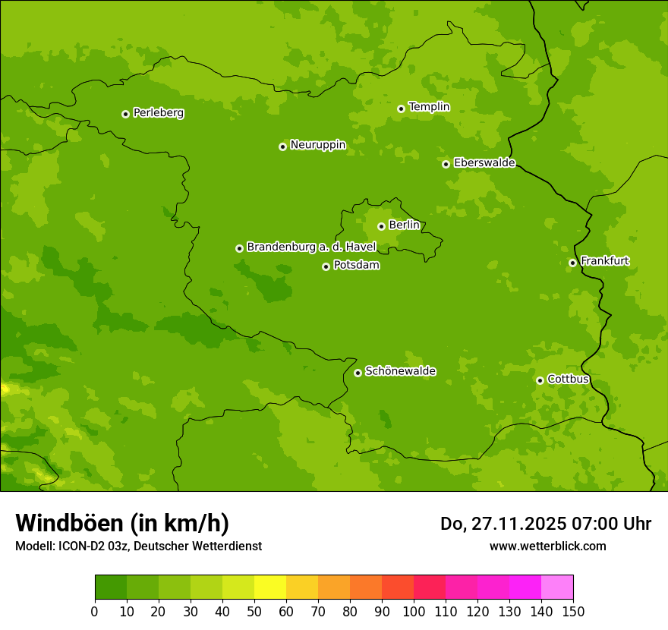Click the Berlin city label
point(404,225)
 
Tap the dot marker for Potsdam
point(326,266)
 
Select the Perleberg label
point(158,113)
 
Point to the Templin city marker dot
point(401,109)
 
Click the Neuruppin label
point(317,145)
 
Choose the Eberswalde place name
point(484,163)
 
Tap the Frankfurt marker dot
point(572,263)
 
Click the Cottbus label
point(568,379)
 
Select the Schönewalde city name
point(400,371)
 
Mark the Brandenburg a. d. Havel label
point(311,247)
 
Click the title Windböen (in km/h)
point(122,523)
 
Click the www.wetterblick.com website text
point(547,547)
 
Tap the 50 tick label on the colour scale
point(254,611)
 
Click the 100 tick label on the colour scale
point(414,611)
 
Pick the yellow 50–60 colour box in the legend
point(270,587)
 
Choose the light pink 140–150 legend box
point(557,587)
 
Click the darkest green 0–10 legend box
point(111,587)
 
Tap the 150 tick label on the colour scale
point(573,611)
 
